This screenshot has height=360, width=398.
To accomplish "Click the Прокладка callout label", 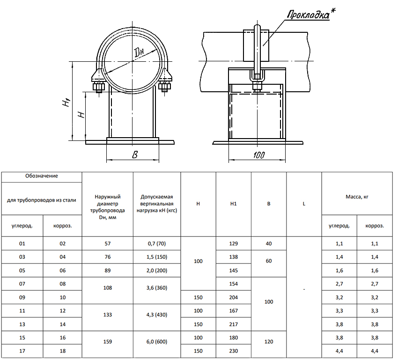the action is (x=308, y=15).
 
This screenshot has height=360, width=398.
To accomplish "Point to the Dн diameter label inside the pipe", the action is (x=139, y=52).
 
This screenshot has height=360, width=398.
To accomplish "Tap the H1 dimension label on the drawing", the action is (x=66, y=103).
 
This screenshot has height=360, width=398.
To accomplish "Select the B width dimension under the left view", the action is (x=135, y=154).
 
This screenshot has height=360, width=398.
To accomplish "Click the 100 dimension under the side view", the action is (x=259, y=155).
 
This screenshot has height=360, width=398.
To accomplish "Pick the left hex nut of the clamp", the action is (x=98, y=87).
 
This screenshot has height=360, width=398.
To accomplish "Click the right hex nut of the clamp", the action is (x=165, y=87).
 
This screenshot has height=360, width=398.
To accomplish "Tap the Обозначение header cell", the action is (x=42, y=176).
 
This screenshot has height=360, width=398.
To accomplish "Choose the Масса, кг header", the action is (x=357, y=197).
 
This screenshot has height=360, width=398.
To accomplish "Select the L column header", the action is (x=304, y=204).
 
